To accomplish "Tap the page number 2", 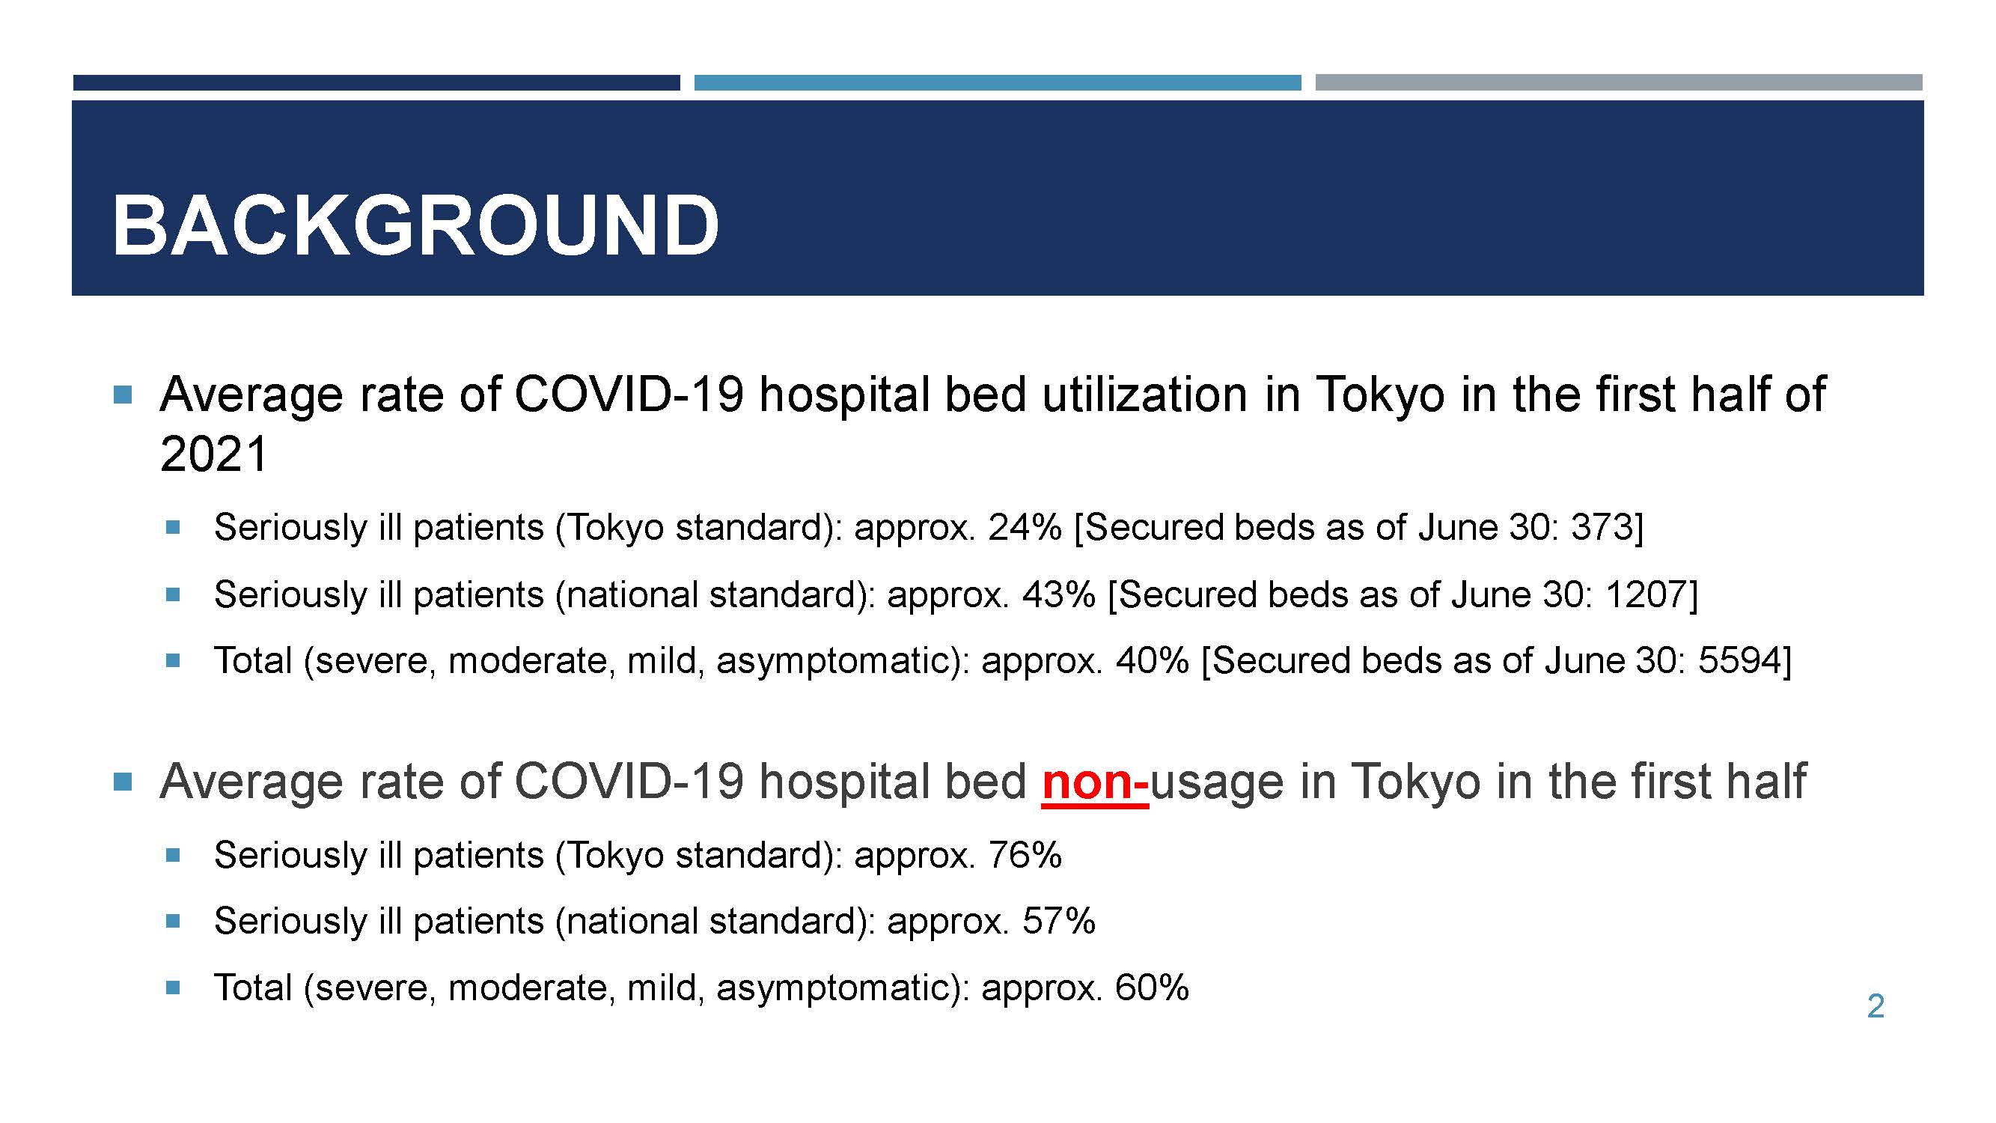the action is click(x=1875, y=1006).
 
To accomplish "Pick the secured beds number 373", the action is click(x=1602, y=528).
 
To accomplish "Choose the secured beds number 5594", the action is click(x=1739, y=661).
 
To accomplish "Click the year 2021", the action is click(x=214, y=454).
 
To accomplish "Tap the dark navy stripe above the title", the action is click(x=376, y=83).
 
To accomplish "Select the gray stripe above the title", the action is click(x=1619, y=83).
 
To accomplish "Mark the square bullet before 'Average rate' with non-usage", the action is click(x=123, y=782).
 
